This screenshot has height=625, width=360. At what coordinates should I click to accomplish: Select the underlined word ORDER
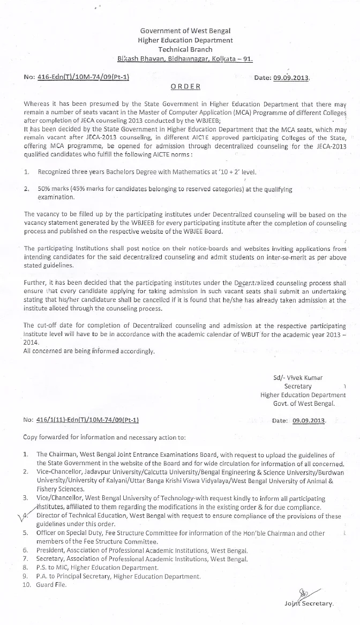point(185,87)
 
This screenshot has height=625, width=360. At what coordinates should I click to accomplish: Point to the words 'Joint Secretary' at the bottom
point(309,604)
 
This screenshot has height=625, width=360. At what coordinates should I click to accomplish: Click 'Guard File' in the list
point(52,584)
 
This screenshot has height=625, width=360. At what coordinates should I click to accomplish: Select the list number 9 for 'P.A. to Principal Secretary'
point(26,576)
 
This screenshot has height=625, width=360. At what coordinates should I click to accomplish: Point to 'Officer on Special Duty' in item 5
point(72,533)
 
